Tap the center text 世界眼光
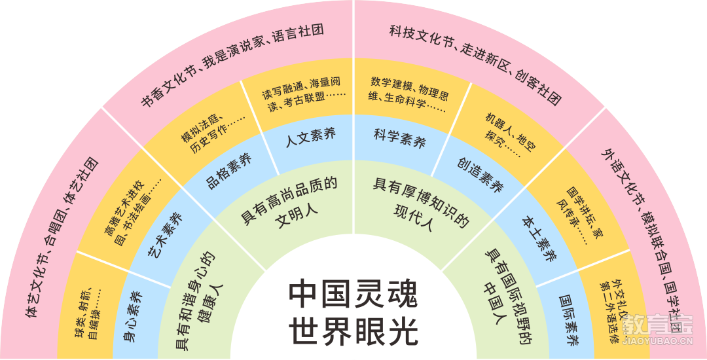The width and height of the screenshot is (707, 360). (x=353, y=331)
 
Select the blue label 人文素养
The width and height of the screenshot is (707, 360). (x=311, y=137)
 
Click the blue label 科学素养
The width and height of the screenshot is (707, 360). (x=400, y=137)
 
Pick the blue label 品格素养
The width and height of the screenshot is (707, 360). (x=229, y=171)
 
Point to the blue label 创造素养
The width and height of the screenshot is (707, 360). (x=480, y=174)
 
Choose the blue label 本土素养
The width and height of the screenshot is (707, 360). (x=539, y=238)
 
